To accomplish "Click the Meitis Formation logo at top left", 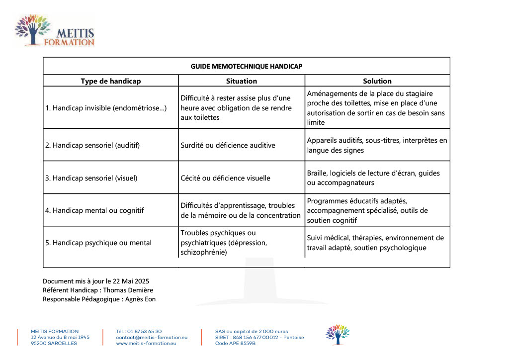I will tap(55, 31).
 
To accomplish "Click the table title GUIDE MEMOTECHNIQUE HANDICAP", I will tap(246, 66).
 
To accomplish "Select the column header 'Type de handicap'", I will tap(111, 81).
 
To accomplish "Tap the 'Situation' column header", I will tap(242, 81).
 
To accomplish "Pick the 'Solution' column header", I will tap(377, 81).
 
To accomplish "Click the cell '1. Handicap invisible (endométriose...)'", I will tap(106, 108).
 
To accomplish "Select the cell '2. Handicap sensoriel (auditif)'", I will tap(92, 145).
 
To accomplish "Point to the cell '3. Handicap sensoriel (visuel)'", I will tap(91, 178).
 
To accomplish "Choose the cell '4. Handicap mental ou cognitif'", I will tap(94, 210).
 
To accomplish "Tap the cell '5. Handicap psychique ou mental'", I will tap(98, 243).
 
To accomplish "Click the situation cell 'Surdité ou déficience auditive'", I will tap(228, 145).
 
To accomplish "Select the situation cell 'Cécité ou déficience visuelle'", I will tap(225, 178).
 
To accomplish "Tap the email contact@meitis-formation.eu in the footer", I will tap(152, 337).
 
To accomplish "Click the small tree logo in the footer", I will tap(338, 335).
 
